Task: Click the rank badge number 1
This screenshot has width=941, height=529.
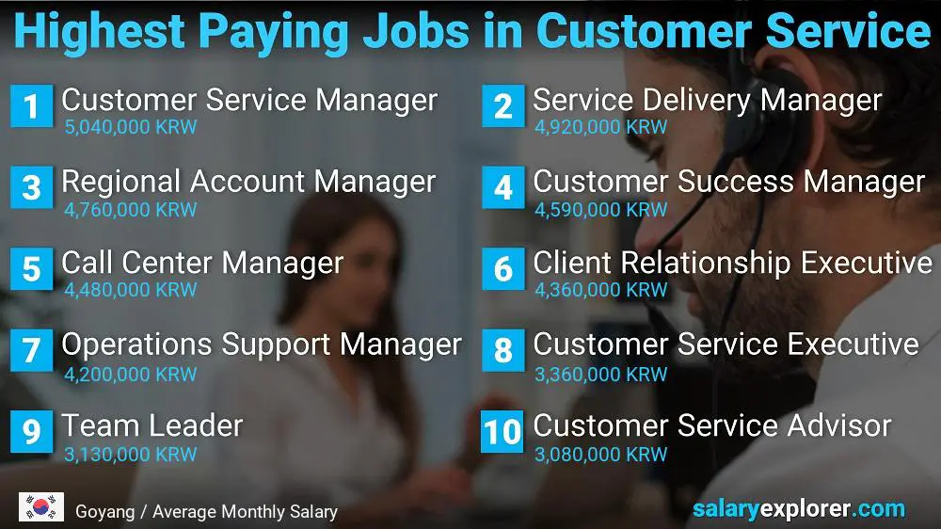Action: point(31,106)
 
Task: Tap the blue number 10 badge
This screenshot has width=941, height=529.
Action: point(502,432)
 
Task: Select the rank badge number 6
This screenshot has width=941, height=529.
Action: point(502,269)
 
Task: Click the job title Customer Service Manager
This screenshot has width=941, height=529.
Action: point(249,100)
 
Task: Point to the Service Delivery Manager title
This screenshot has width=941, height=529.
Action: point(707,100)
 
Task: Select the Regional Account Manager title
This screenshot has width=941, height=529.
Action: point(248,182)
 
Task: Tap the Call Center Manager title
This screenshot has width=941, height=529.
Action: point(202,263)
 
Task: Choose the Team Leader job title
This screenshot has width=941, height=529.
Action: point(152,425)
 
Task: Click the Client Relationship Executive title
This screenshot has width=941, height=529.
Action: point(732,263)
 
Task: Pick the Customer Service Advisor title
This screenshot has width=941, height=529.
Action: point(711,425)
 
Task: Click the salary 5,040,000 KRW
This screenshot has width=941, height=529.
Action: point(131,127)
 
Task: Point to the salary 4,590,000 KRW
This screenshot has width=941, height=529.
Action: point(601,209)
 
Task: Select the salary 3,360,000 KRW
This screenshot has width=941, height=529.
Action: point(601,373)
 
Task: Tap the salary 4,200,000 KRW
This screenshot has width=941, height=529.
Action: point(131,373)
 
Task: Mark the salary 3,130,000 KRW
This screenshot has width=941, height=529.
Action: point(131,455)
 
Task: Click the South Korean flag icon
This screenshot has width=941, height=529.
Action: point(40,507)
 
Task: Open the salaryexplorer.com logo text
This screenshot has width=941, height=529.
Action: point(798,509)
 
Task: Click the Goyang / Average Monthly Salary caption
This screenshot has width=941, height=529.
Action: point(206,512)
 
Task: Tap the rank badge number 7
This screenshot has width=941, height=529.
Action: point(31,351)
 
